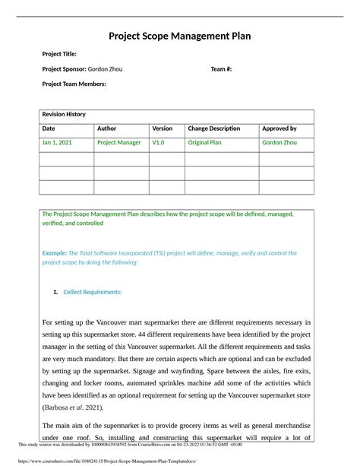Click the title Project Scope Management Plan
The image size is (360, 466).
(x=179, y=36)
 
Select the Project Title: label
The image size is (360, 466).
(x=59, y=54)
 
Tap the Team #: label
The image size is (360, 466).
(x=221, y=69)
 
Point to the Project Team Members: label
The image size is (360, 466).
(x=74, y=84)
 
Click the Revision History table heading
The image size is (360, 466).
(x=64, y=114)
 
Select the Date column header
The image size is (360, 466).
(x=49, y=128)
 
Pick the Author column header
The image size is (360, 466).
(x=107, y=128)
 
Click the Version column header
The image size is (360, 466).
(x=163, y=128)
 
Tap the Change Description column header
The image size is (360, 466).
(x=214, y=128)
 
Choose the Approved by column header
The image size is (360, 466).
(x=279, y=128)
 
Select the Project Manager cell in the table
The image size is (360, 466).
(x=119, y=142)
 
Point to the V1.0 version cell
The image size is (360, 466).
(x=158, y=142)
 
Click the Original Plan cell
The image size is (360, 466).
(x=204, y=142)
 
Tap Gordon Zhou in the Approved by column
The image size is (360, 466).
(x=281, y=142)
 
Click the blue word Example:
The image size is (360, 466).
(x=54, y=253)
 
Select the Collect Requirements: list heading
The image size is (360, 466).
(x=92, y=292)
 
